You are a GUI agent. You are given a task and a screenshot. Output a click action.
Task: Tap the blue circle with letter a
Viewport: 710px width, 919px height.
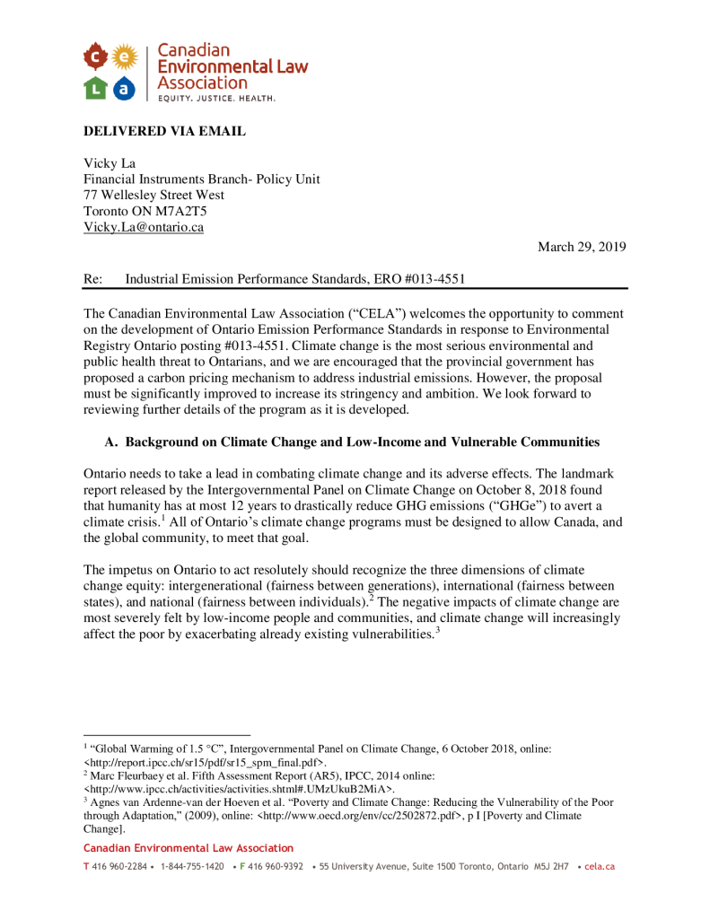pos(124,87)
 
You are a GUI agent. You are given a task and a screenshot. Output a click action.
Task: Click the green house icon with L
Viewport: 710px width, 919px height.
pos(96,87)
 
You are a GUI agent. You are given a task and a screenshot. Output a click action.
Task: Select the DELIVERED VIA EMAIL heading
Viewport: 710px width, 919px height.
pos(164,132)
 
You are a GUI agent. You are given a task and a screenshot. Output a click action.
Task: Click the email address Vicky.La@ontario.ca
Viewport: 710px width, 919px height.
pos(144,227)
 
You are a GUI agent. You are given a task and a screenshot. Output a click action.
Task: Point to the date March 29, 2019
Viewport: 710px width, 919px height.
pos(582,247)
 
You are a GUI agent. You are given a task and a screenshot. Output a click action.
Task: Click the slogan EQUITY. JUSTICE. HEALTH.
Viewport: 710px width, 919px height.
pos(216,98)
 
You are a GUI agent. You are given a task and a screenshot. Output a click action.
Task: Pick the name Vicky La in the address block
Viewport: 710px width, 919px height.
pos(109,162)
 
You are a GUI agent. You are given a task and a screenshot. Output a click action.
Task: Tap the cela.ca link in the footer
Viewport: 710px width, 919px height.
pos(600,867)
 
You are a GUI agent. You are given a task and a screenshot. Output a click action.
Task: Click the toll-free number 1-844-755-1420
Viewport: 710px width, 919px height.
pos(192,867)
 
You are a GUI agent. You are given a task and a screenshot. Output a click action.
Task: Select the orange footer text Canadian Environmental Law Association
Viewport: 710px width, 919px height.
pos(188,848)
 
